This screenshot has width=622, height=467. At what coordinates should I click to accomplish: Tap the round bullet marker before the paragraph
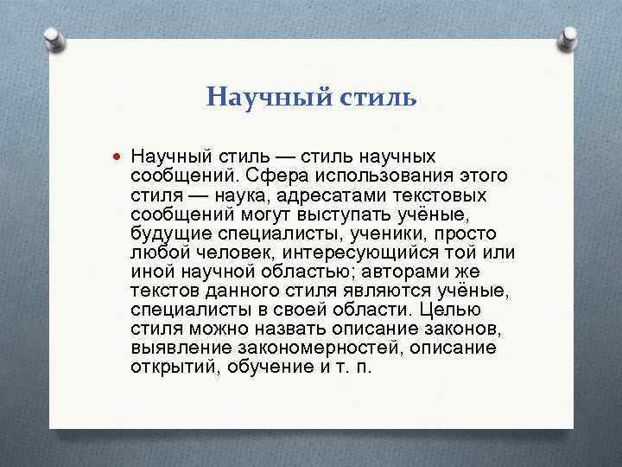[x=117, y=156]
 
